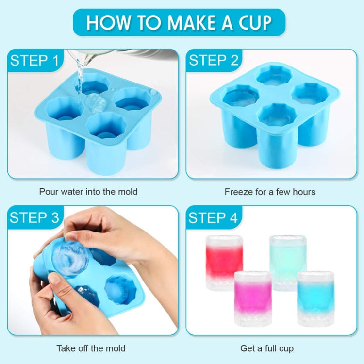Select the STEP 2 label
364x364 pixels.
pyautogui.click(x=214, y=61)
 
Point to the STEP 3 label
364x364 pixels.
pyautogui.click(x=34, y=218)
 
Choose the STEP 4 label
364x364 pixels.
pyautogui.click(x=213, y=218)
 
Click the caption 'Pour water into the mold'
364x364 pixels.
pyautogui.click(x=88, y=192)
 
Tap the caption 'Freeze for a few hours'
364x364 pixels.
pyautogui.click(x=270, y=192)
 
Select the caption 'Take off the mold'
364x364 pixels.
pyautogui.click(x=91, y=348)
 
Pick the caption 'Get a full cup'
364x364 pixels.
pyautogui.click(x=267, y=348)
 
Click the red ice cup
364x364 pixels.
pyautogui.click(x=224, y=262)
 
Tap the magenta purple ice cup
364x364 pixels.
pyautogui.click(x=253, y=298)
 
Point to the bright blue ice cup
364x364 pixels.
pyautogui.click(x=315, y=297)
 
